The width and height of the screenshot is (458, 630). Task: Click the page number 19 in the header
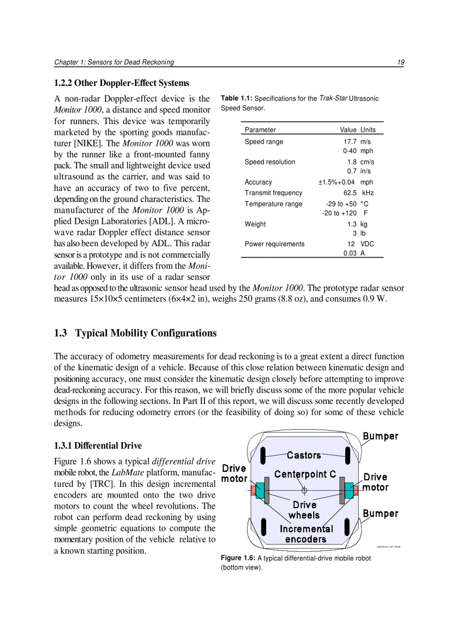click(x=401, y=62)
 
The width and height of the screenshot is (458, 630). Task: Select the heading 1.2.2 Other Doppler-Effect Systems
click(x=121, y=83)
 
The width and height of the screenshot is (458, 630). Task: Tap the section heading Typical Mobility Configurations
click(x=135, y=333)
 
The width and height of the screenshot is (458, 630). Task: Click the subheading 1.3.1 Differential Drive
click(x=98, y=445)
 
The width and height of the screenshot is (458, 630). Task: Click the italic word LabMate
click(x=123, y=472)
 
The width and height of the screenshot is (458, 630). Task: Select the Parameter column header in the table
click(x=260, y=130)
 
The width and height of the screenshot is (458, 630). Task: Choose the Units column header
click(x=368, y=130)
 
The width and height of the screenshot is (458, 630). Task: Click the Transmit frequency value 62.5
click(x=351, y=192)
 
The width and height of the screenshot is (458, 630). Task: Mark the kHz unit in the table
click(x=368, y=192)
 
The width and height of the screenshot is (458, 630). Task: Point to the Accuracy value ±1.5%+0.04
click(x=336, y=182)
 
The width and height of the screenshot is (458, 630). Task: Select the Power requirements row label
click(x=274, y=244)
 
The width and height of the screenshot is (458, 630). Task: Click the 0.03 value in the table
click(x=350, y=253)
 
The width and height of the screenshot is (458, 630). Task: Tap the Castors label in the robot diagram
click(x=304, y=455)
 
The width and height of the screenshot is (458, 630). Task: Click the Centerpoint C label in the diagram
click(x=305, y=474)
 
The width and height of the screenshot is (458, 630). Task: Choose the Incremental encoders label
click(x=306, y=534)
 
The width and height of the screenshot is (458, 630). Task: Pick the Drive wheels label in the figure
click(x=304, y=510)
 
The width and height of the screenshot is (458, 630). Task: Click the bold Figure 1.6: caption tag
click(x=238, y=558)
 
